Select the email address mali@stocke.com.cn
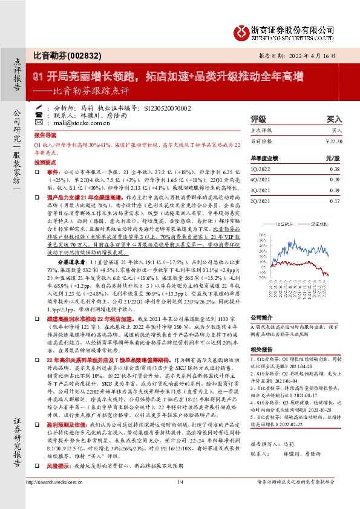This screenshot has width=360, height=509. [x=77, y=122]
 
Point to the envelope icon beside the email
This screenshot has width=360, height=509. [x=39, y=122]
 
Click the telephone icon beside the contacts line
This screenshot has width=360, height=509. [x=39, y=114]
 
